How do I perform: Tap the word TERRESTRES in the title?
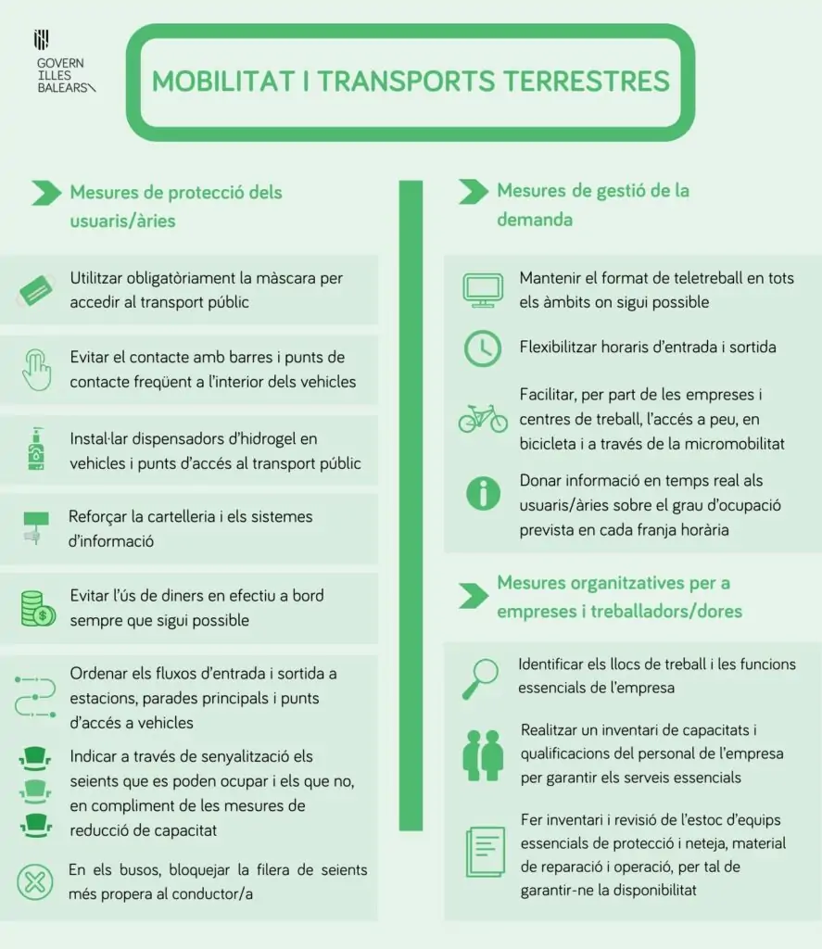click(586, 81)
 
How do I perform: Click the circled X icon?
click(35, 880)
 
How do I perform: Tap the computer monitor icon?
click(483, 290)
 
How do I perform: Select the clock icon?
click(483, 348)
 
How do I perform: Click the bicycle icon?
click(483, 418)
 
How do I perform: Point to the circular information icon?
click(483, 493)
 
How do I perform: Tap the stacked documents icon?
click(484, 854)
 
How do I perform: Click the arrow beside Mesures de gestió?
click(473, 192)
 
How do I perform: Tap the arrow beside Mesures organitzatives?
click(473, 596)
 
